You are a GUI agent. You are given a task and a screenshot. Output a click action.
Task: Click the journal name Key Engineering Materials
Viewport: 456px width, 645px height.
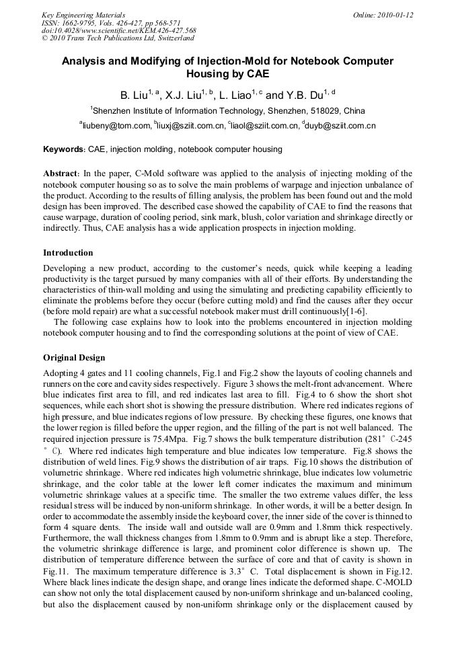tap(83, 14)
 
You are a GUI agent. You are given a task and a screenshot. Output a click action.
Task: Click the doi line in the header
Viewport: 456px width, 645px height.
tap(118, 30)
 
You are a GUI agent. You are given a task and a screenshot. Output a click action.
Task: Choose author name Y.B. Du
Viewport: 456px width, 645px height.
tap(305, 95)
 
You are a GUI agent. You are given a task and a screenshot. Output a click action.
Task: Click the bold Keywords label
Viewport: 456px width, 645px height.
tap(64, 149)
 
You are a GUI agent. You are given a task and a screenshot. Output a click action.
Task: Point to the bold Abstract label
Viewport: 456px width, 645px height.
tap(62, 173)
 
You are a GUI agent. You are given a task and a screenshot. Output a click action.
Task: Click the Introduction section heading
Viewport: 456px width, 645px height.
tap(68, 253)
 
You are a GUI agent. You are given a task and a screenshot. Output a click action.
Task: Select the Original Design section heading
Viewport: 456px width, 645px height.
tap(74, 358)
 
